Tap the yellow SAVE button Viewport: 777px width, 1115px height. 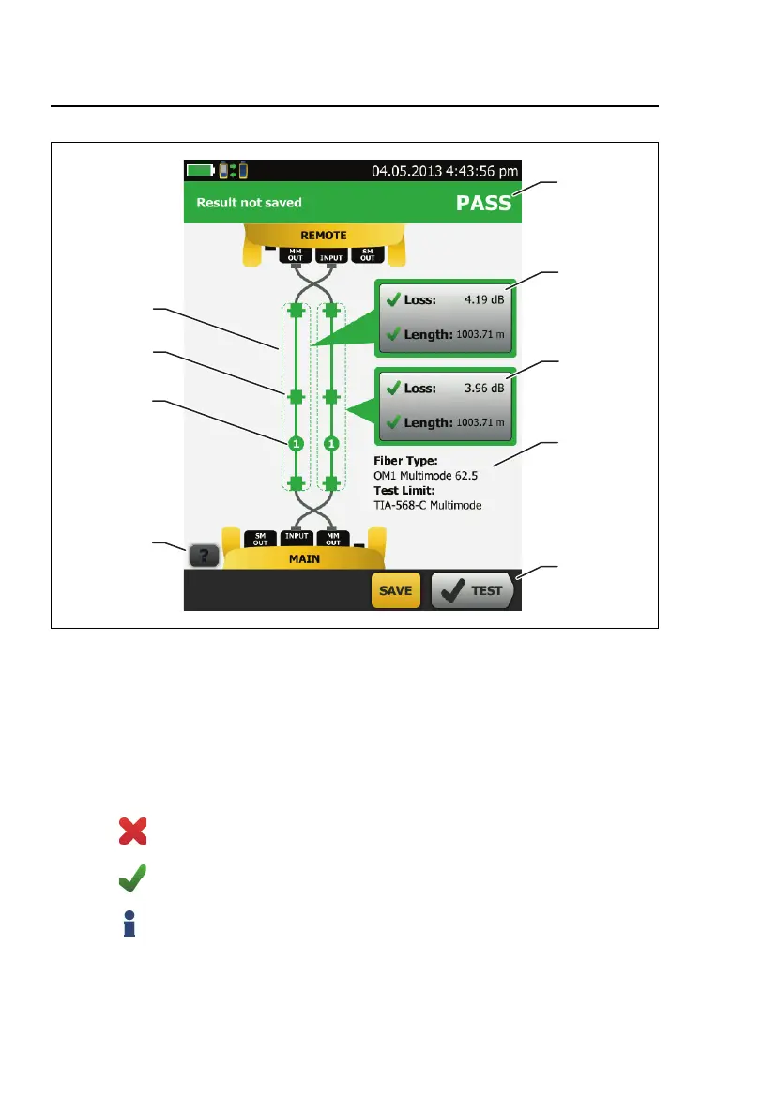[396, 591]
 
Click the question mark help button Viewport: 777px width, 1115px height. [205, 556]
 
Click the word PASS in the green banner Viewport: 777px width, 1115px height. [483, 203]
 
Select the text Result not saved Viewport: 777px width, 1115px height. [249, 203]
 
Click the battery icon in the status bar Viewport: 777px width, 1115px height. [200, 171]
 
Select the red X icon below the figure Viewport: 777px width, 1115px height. [132, 832]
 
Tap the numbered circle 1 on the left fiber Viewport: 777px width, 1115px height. [297, 443]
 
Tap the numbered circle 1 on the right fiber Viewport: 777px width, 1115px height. [330, 443]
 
